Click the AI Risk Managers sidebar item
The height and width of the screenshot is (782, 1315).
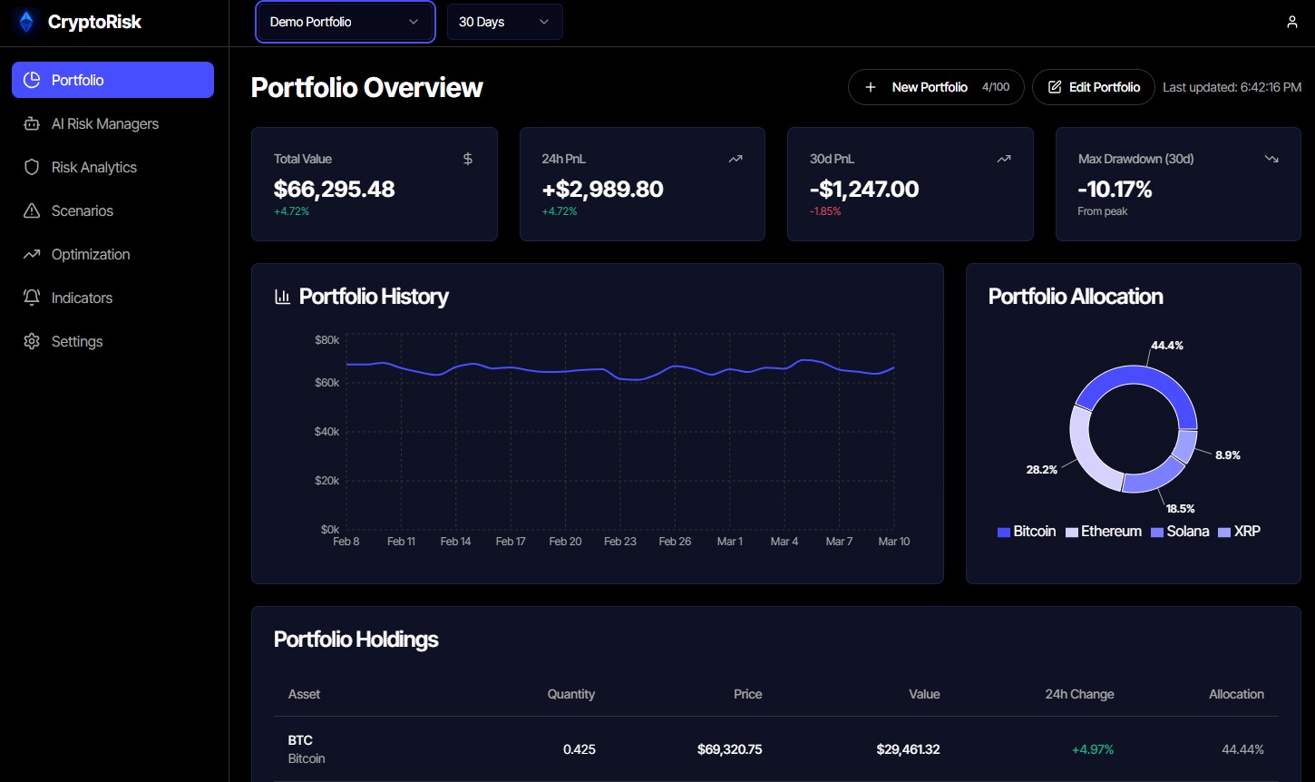104,123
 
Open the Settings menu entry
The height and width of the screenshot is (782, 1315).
76,341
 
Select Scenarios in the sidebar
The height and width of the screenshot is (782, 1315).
82,210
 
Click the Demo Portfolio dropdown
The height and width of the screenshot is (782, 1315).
345,22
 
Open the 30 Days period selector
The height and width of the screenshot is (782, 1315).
504,22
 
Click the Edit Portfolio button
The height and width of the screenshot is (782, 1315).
1094,87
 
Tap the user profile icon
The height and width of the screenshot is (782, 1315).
1291,22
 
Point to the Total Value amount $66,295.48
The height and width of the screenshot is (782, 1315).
335,189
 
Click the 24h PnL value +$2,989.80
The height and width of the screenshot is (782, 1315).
602,189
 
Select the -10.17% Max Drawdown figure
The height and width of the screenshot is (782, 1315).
1115,189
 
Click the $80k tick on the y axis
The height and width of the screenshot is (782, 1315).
326,340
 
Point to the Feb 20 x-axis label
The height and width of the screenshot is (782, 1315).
565,542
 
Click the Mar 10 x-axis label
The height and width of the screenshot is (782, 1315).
893,542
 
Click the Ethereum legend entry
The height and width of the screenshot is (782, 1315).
1104,532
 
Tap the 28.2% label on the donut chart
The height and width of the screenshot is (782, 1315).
1041,470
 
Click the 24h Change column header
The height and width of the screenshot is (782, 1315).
1079,694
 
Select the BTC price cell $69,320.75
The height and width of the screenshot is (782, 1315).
729,749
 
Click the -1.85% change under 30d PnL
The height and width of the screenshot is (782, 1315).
825,211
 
